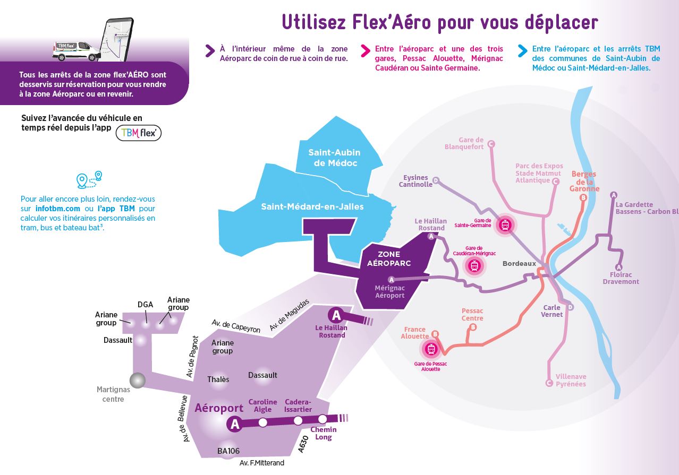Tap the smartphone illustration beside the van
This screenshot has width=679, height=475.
118,38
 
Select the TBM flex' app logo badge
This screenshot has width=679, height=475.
139,133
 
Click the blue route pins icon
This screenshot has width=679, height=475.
89,180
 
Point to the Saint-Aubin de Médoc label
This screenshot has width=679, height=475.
335,158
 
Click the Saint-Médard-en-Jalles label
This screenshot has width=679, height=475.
312,206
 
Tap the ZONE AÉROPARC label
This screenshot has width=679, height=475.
389,258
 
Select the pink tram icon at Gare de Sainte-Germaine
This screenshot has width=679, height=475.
505,225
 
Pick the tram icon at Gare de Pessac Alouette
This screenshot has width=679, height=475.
430,349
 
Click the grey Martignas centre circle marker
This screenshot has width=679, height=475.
138,380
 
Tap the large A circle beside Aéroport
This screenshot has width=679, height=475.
235,424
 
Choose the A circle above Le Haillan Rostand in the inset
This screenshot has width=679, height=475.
336,315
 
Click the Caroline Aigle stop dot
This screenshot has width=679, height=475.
262,422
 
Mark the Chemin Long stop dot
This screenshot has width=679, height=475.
322,419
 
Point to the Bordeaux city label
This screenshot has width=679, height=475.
519,264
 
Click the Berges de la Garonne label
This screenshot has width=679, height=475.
584,181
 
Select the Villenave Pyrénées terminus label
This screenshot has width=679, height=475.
571,380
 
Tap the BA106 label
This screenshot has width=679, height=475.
228,451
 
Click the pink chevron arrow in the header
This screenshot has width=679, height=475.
366,50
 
